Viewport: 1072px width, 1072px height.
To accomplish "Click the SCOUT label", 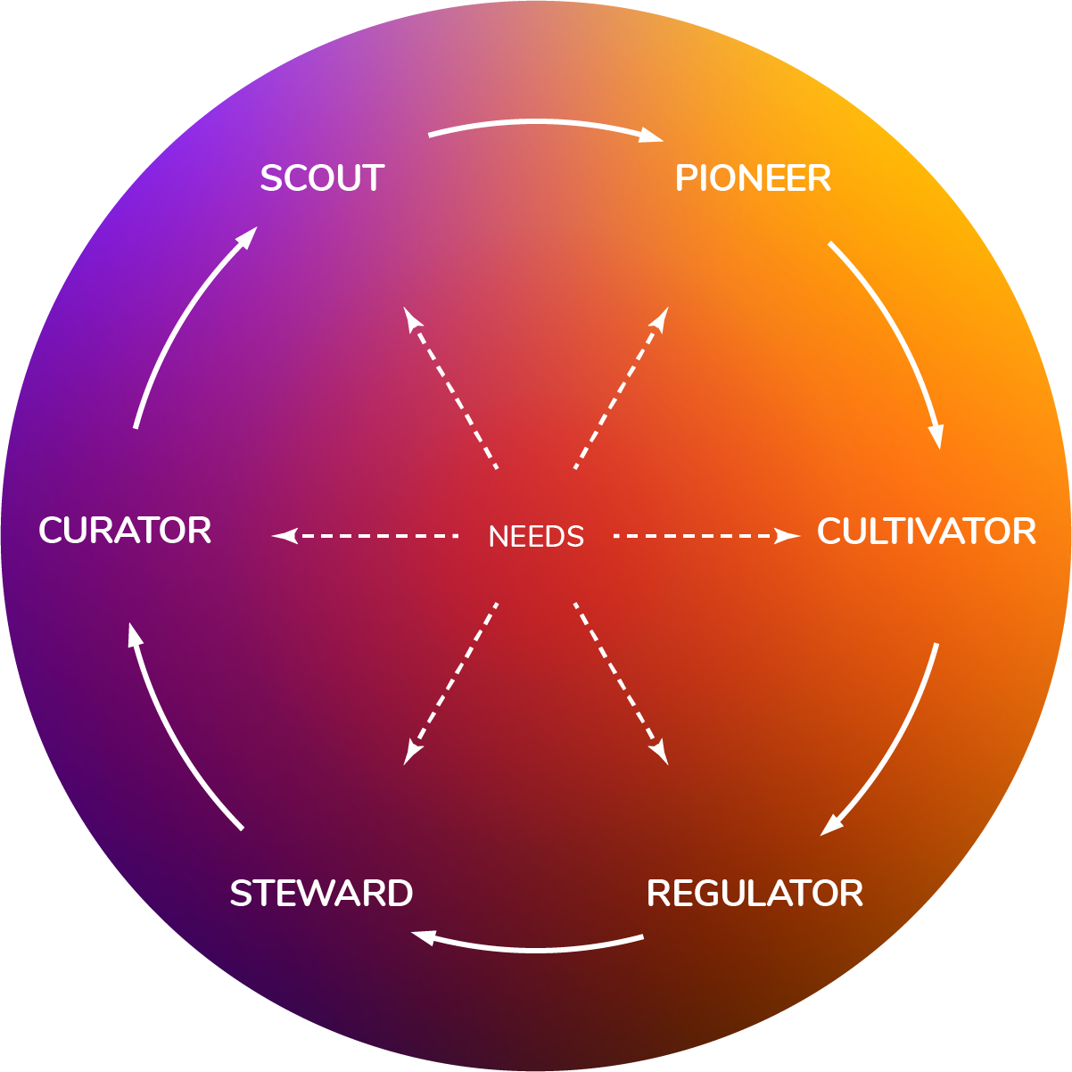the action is click(x=322, y=178).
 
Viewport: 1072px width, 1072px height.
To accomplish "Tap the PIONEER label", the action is click(x=753, y=178).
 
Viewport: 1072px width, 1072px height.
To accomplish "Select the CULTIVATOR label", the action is click(x=927, y=531).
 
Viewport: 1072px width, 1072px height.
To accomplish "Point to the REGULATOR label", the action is click(x=755, y=894).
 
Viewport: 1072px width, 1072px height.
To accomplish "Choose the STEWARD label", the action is click(x=321, y=894).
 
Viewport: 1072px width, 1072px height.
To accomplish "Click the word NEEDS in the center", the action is click(x=536, y=537).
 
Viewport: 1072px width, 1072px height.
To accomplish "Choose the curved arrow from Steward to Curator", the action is click(x=174, y=734).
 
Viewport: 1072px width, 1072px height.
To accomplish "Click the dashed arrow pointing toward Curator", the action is click(x=365, y=536).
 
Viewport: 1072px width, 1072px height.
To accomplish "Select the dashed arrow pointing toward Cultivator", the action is click(x=706, y=536).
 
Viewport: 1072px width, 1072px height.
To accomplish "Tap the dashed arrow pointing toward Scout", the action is click(x=450, y=388).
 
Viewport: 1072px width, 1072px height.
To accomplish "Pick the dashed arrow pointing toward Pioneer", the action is click(x=622, y=388).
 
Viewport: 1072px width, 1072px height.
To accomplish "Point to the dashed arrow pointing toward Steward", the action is click(x=450, y=684).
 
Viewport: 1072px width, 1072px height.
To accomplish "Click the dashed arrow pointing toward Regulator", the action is click(x=622, y=684).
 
